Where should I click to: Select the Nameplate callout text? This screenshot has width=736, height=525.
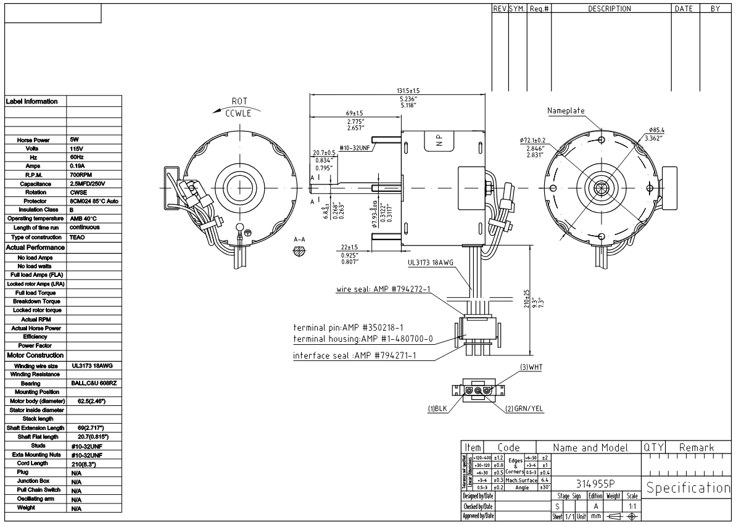pos(566,110)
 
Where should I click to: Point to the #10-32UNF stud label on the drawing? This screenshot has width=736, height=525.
pos(354,149)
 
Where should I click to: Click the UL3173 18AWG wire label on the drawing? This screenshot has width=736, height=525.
pos(431,262)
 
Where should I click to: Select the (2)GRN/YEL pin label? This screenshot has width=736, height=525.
pos(524,408)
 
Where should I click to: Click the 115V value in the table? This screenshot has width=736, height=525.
pos(76,149)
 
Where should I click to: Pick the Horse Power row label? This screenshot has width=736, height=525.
pos(35,140)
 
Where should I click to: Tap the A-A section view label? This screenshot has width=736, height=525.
pos(300,239)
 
